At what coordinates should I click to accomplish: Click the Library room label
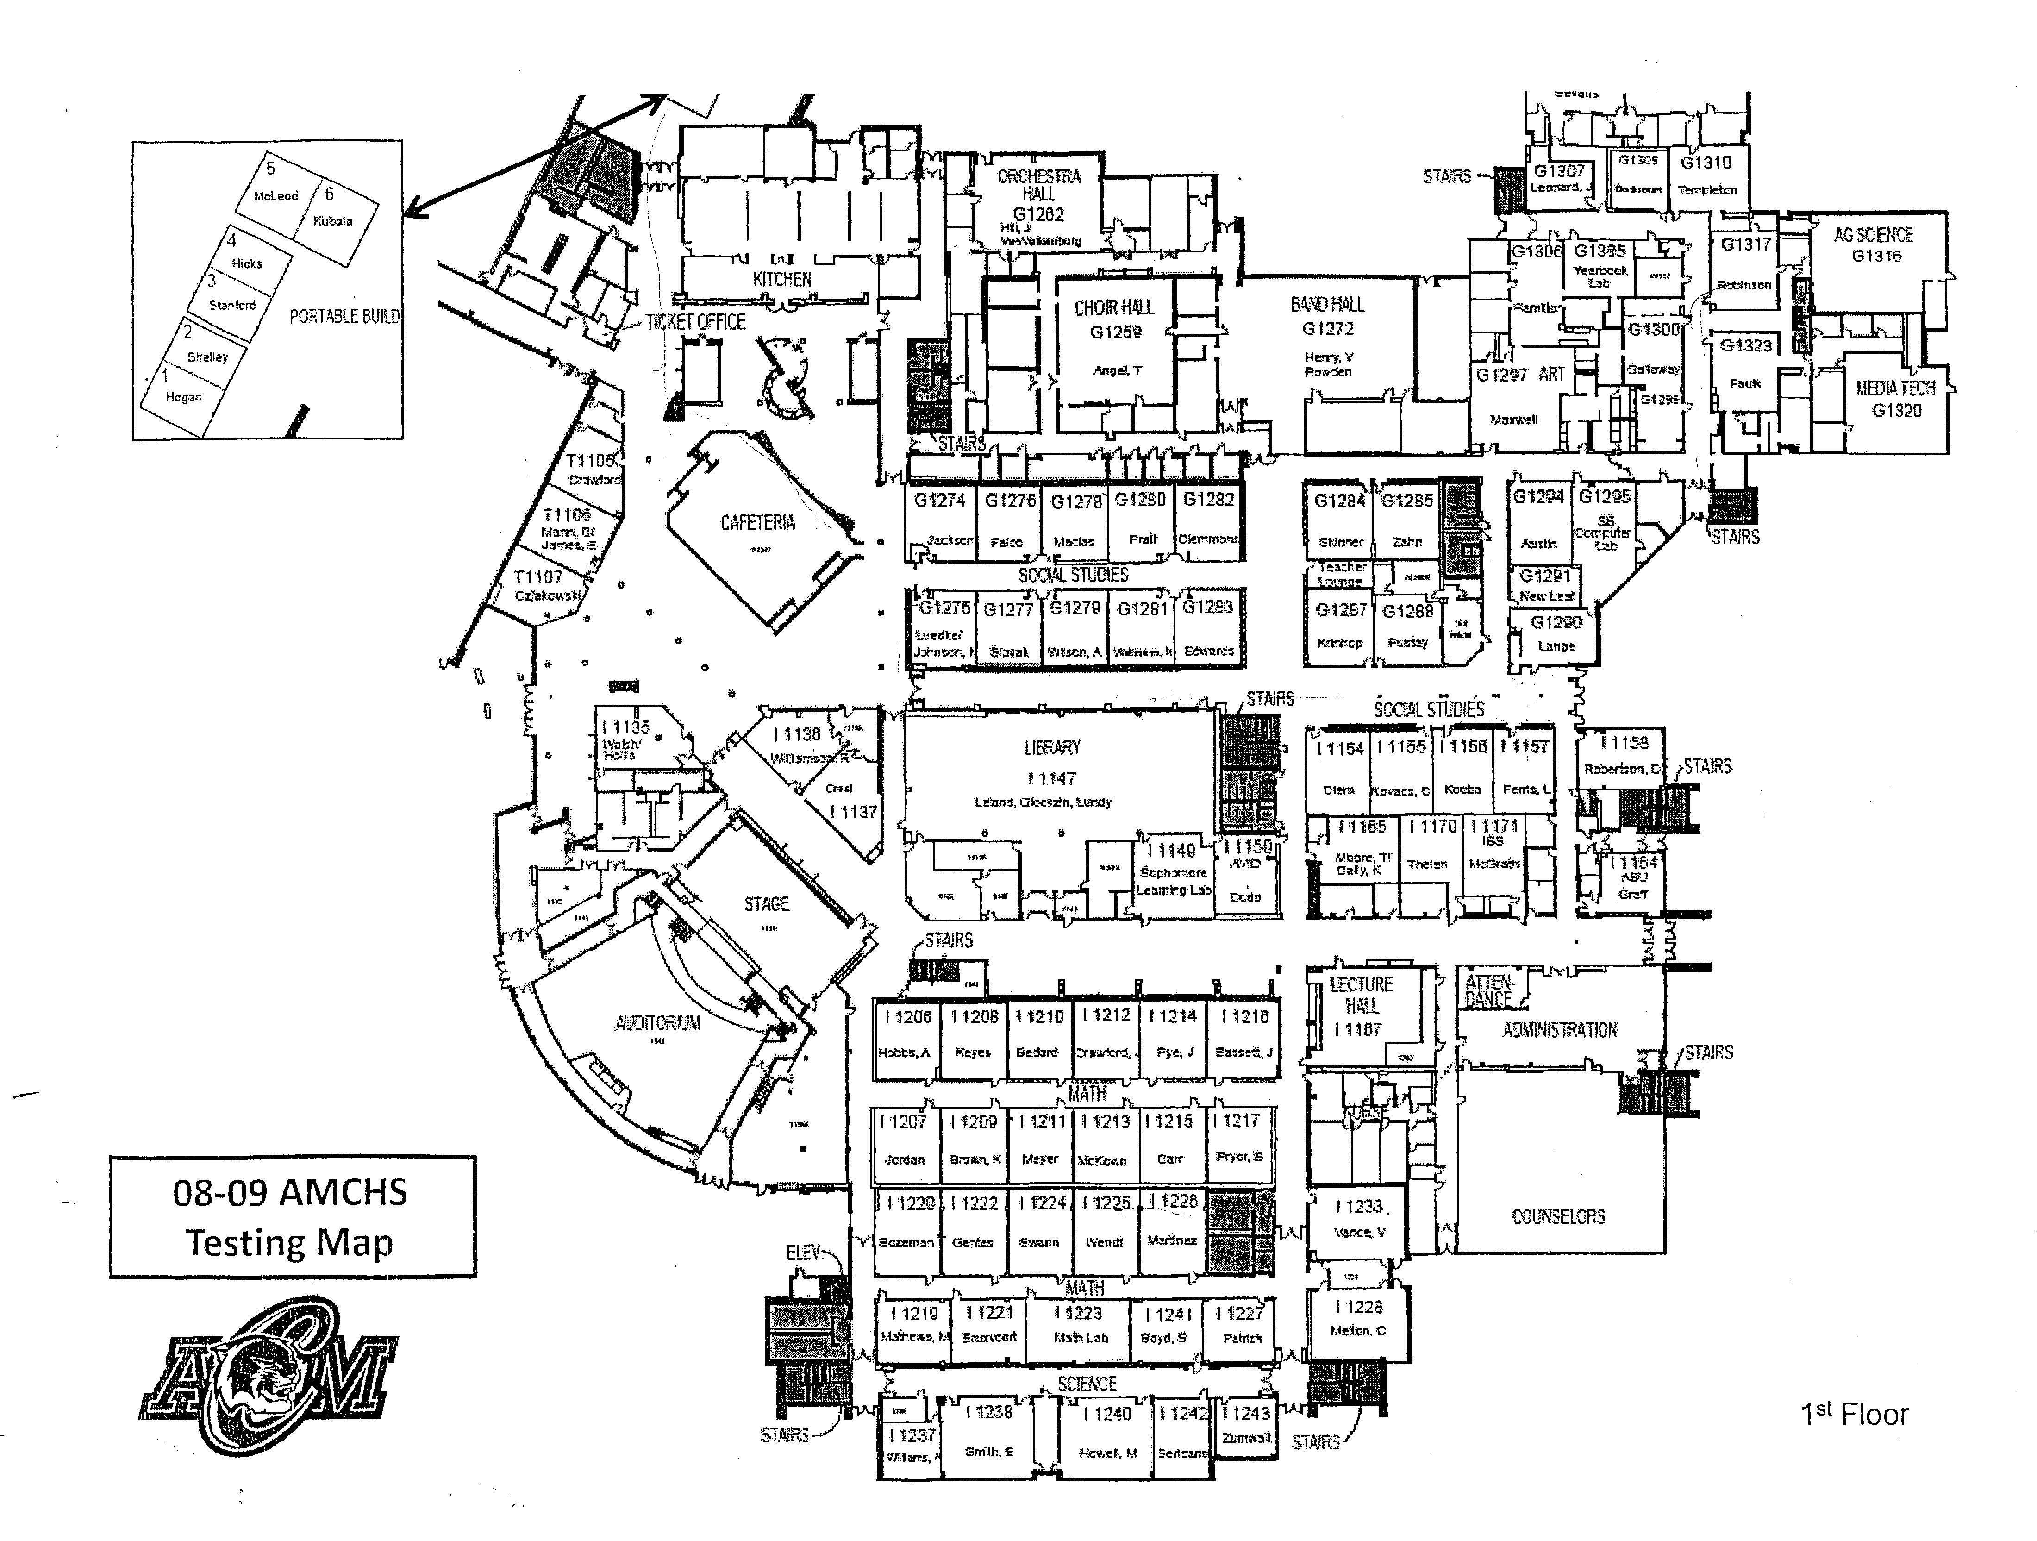1052,748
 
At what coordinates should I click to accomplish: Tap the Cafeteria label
757,523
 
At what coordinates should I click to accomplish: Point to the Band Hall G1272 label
1327,315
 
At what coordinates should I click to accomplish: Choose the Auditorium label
657,1023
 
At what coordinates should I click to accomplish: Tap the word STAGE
766,904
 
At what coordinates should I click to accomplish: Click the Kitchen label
782,279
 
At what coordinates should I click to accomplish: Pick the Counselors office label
1558,1217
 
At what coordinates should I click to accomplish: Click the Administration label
1560,1030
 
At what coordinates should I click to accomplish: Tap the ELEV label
803,1253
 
